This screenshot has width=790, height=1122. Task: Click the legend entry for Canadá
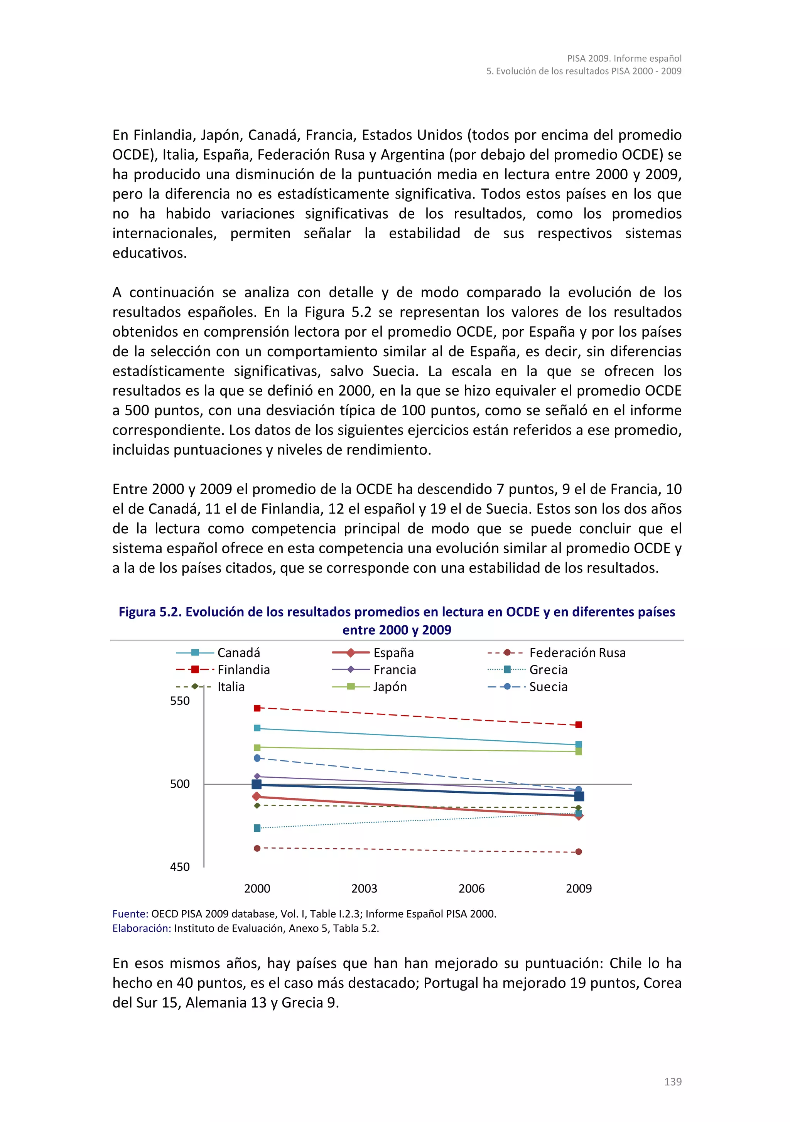pos(238,652)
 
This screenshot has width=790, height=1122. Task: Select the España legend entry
pos(393,652)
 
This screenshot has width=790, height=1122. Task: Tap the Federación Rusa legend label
pos(577,652)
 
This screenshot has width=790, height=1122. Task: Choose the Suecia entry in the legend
pos(548,687)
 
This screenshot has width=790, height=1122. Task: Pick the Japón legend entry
pos(390,687)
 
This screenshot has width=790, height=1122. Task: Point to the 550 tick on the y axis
pos(179,701)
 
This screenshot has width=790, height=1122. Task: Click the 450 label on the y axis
pos(179,867)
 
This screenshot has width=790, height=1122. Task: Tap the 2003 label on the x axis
pos(364,888)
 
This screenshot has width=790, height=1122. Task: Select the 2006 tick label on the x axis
pos(471,888)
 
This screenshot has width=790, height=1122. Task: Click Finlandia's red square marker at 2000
pos(257,708)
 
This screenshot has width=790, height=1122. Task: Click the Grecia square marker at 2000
pos(257,828)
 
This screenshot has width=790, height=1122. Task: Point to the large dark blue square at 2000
pos(257,784)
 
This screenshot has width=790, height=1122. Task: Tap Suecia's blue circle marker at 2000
pos(257,758)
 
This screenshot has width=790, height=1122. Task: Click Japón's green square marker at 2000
pos(257,747)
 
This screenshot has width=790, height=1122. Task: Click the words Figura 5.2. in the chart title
pos(150,612)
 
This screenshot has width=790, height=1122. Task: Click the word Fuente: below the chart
pos(130,914)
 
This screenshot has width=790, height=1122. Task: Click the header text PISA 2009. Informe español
pos(624,58)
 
